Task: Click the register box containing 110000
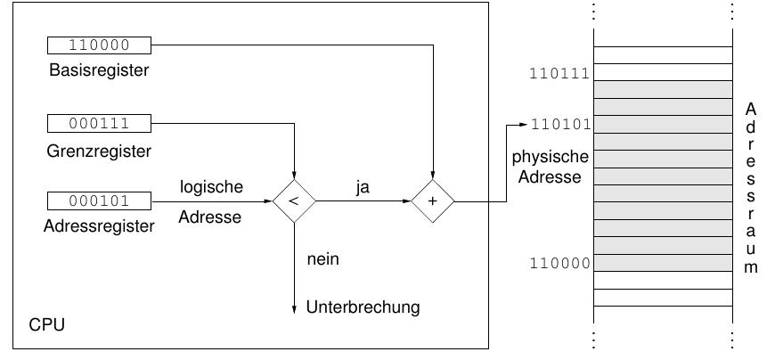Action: pyautogui.click(x=99, y=45)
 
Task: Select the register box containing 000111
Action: pyautogui.click(x=99, y=124)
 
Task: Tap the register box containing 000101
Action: pyautogui.click(x=99, y=200)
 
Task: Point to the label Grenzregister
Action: pyautogui.click(x=99, y=151)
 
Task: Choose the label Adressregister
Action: pyautogui.click(x=99, y=226)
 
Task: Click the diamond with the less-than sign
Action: pyautogui.click(x=294, y=201)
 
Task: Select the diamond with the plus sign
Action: pyautogui.click(x=433, y=201)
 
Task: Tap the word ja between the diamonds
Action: pyautogui.click(x=363, y=188)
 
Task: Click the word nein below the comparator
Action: pyautogui.click(x=322, y=259)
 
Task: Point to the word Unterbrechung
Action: pyautogui.click(x=363, y=307)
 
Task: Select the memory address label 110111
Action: pyautogui.click(x=559, y=74)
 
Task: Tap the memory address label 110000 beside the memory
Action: pyautogui.click(x=559, y=264)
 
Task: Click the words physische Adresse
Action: pyautogui.click(x=551, y=167)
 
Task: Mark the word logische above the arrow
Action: pyautogui.click(x=211, y=187)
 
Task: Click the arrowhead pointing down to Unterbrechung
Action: pyautogui.click(x=294, y=307)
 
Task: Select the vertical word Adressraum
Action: pyautogui.click(x=751, y=187)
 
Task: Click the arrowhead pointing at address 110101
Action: pyautogui.click(x=523, y=124)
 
